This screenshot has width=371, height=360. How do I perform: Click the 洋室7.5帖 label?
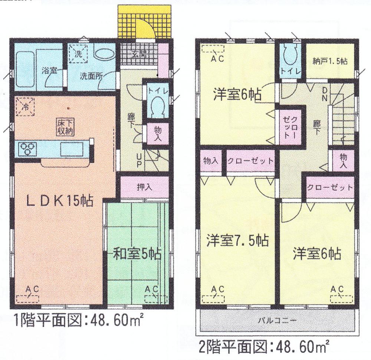pos(237,240)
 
